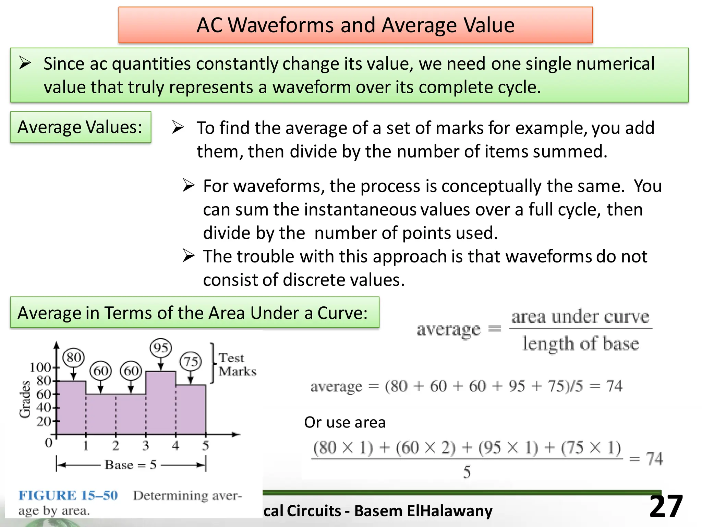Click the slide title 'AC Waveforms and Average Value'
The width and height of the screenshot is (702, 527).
(355, 25)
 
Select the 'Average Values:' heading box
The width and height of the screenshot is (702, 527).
(80, 127)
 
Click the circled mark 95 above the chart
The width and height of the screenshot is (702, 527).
(160, 348)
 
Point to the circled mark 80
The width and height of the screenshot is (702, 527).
(73, 358)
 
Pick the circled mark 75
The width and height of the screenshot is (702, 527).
(191, 361)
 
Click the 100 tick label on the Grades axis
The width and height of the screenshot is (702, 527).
(40, 367)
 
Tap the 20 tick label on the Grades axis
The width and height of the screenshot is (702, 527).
(44, 421)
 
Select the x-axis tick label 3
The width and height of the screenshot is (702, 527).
(145, 446)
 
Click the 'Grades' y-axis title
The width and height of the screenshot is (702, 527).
(25, 399)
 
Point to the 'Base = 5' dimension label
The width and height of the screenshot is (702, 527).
(131, 465)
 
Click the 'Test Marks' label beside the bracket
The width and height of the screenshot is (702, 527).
(237, 365)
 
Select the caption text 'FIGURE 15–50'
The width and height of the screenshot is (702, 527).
(68, 495)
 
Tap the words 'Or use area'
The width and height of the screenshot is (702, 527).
(344, 422)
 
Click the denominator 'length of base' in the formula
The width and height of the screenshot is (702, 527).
(581, 343)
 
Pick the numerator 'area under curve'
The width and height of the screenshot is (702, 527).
(580, 316)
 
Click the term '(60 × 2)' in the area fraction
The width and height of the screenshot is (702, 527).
(426, 448)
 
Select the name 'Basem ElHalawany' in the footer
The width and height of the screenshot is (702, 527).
(423, 511)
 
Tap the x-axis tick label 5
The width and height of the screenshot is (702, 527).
(205, 446)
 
